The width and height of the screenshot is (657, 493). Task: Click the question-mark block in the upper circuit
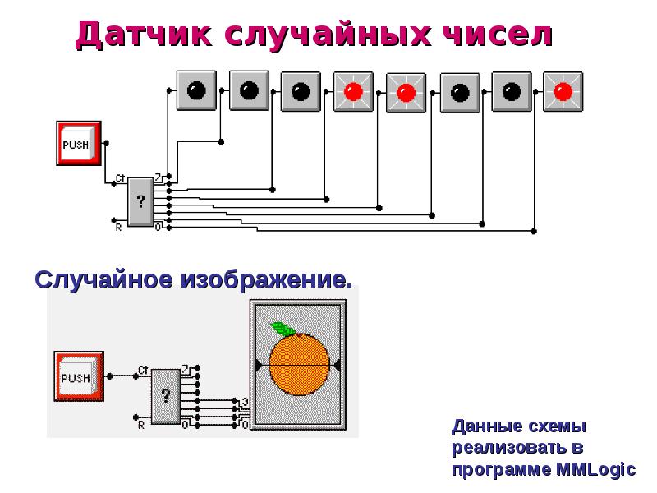click(x=140, y=200)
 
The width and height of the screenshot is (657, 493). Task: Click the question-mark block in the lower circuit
click(x=165, y=398)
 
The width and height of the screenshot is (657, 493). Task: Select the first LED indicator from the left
click(x=195, y=90)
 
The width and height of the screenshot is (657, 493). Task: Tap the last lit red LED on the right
click(x=563, y=91)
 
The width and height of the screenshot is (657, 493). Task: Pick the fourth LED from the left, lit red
click(x=353, y=91)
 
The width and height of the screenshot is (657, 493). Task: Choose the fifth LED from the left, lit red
click(x=406, y=91)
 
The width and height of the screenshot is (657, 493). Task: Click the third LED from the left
click(x=301, y=90)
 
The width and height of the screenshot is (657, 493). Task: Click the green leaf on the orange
click(x=283, y=329)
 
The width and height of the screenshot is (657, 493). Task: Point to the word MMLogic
click(x=596, y=469)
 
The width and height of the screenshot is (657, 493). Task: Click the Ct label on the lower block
click(x=142, y=369)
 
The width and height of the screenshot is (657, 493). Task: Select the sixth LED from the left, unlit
click(x=459, y=91)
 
